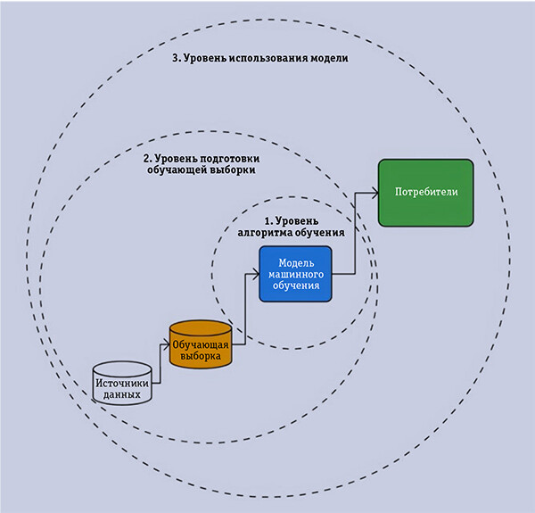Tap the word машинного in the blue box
click(x=294, y=275)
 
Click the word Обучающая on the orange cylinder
click(x=201, y=343)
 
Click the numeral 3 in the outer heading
click(x=174, y=58)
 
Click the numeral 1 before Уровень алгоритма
click(x=266, y=220)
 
